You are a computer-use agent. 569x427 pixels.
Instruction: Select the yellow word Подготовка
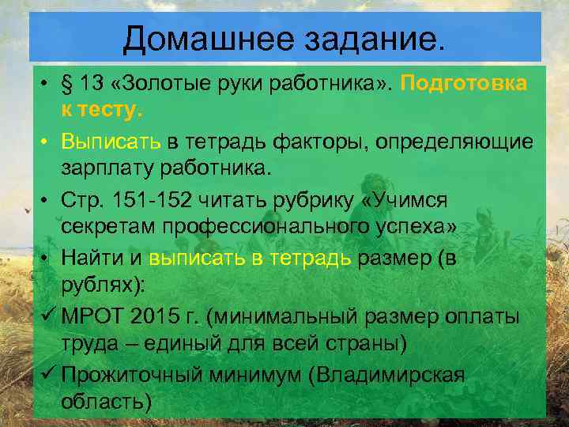pos(464,85)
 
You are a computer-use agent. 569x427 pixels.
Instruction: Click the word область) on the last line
pos(106,401)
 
